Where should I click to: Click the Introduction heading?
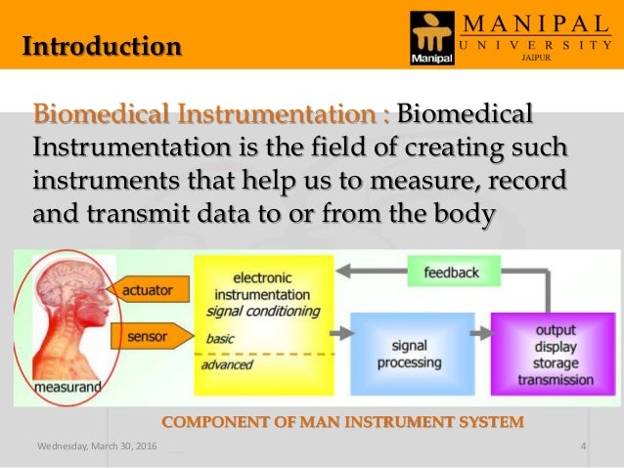pos(102,45)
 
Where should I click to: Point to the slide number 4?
pos(583,447)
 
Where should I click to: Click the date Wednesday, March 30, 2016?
pos(96,447)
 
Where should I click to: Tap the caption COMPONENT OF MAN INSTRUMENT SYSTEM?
pos(342,421)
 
